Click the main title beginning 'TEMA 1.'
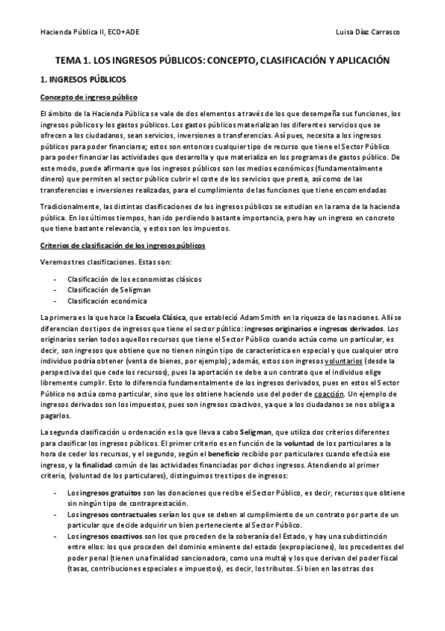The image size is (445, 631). pyautogui.click(x=222, y=60)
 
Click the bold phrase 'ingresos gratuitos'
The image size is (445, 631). pyautogui.click(x=86, y=493)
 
